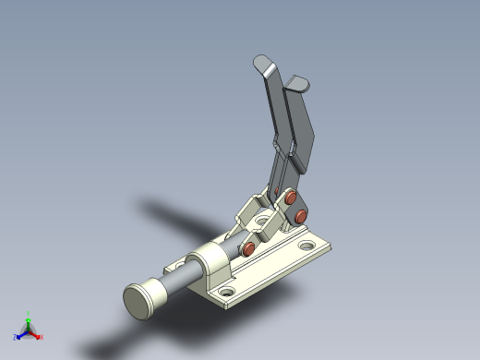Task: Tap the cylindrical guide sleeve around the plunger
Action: tap(210, 264)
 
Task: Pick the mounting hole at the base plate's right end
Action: tap(306, 247)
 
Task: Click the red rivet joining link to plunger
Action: tap(250, 249)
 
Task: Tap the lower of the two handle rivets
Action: tap(300, 216)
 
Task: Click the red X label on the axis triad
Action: tap(40, 337)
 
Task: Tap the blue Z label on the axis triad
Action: tap(17, 337)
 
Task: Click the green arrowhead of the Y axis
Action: tap(29, 321)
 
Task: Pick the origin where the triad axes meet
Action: tap(29, 330)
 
